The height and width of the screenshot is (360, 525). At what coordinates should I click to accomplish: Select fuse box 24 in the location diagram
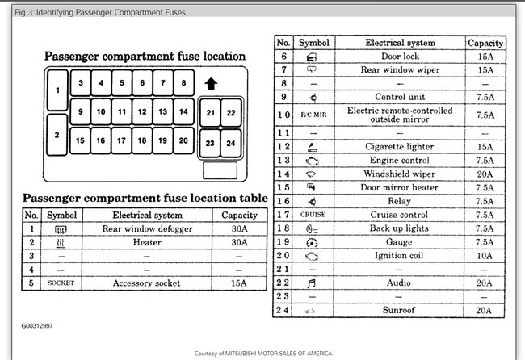tap(231, 144)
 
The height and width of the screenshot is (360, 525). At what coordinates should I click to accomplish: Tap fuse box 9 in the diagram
tap(80, 112)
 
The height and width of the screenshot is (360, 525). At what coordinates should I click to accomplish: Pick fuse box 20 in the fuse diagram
tap(183, 140)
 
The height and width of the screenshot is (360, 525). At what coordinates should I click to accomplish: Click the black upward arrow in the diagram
tap(211, 84)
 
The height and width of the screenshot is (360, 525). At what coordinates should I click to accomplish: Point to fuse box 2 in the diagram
tap(57, 134)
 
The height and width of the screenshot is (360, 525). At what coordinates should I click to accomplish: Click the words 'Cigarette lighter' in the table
tap(401, 147)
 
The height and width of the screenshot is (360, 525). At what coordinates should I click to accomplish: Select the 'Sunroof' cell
tap(401, 309)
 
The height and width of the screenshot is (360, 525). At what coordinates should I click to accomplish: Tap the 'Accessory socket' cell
tap(145, 283)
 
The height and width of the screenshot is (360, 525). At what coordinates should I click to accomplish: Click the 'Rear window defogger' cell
tap(145, 230)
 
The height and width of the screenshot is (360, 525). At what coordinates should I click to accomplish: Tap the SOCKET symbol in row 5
tap(61, 283)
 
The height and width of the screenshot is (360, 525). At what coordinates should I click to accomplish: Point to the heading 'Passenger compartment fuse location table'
tap(145, 198)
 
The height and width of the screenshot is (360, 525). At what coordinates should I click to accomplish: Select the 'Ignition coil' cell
tap(401, 255)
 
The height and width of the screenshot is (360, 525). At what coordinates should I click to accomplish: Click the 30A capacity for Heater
tap(239, 242)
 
